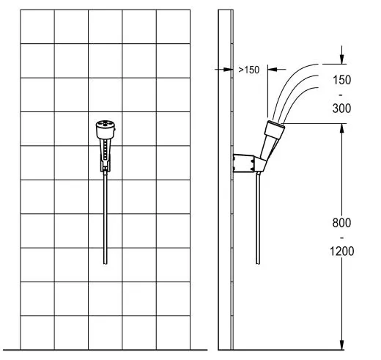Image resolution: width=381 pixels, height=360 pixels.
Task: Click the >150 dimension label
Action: pyautogui.click(x=248, y=70)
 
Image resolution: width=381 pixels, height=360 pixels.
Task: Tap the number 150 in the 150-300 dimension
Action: pyautogui.click(x=341, y=80)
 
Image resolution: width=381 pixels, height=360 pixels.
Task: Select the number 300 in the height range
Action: pyautogui.click(x=341, y=109)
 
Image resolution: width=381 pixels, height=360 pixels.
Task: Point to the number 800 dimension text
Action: pyautogui.click(x=341, y=223)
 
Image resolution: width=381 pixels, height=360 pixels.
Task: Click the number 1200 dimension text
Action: pyautogui.click(x=341, y=251)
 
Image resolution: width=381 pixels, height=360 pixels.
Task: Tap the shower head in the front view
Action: pyautogui.click(x=106, y=130)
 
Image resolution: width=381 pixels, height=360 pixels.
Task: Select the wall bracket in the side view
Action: pyautogui.click(x=244, y=163)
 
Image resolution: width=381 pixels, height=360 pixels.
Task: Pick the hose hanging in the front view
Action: pyautogui.click(x=106, y=218)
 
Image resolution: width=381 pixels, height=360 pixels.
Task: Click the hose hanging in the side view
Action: pyautogui.click(x=258, y=218)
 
